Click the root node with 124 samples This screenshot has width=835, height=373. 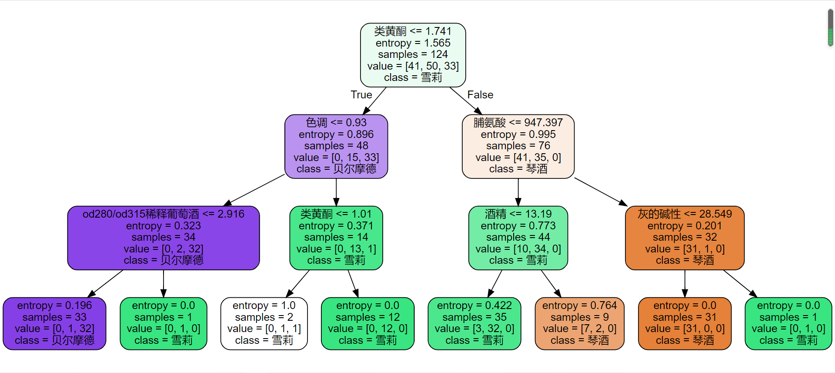(413, 55)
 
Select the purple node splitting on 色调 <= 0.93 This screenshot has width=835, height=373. (336, 146)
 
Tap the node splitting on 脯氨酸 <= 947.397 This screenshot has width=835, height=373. (518, 146)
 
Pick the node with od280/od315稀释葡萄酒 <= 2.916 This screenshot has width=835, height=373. (164, 238)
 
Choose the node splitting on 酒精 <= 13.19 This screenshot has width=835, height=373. (518, 238)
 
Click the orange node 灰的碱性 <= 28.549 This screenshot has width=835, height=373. (685, 238)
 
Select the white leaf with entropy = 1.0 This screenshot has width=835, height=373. (264, 323)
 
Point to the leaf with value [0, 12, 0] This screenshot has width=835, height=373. (367, 323)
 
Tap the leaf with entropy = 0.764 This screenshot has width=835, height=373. (579, 323)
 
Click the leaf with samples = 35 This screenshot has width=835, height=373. (474, 323)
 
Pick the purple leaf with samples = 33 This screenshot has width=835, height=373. (54, 323)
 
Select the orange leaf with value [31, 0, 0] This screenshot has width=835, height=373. (685, 323)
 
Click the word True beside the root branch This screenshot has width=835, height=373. (361, 95)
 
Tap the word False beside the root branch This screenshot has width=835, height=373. (480, 95)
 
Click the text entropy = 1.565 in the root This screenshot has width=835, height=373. (413, 43)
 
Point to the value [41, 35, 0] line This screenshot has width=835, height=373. (518, 158)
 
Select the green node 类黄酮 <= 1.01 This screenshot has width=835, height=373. (336, 238)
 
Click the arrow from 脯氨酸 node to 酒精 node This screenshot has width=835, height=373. (518, 192)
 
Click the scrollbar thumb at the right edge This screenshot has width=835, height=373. (830, 27)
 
